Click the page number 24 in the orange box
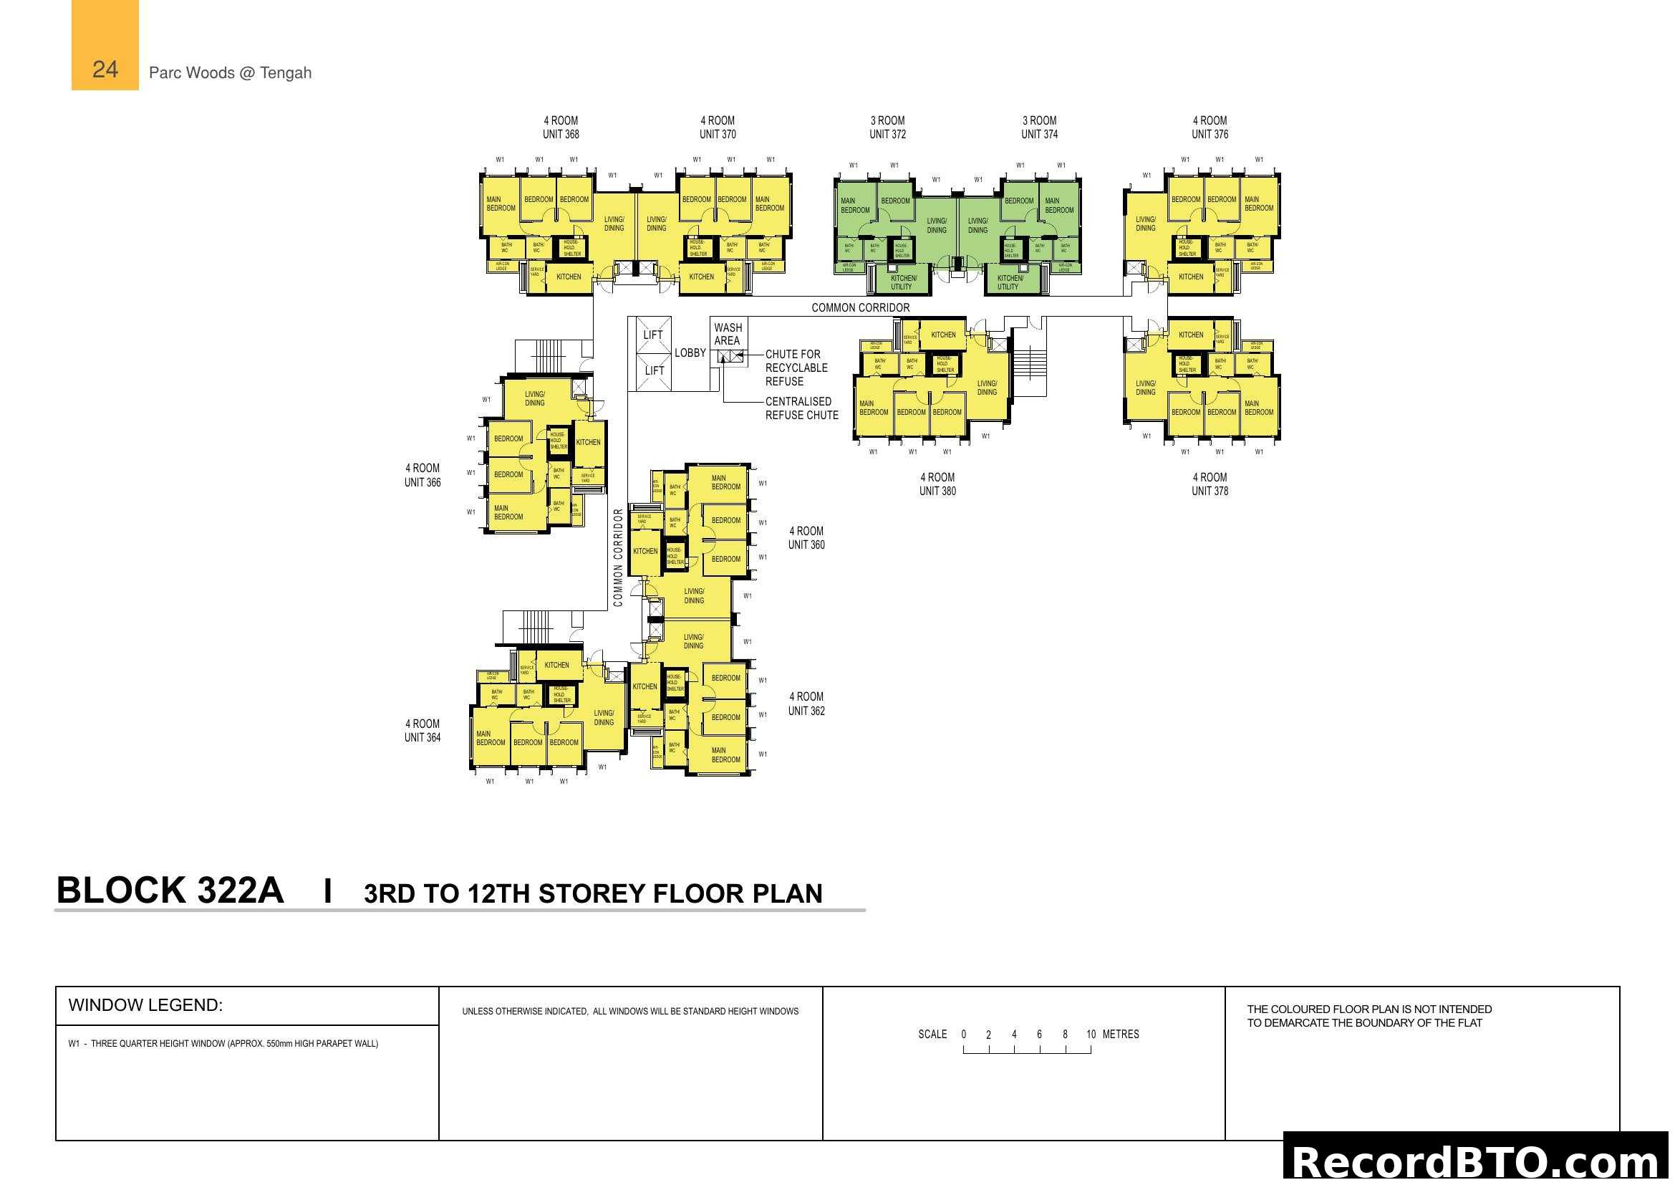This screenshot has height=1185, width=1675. pos(105,69)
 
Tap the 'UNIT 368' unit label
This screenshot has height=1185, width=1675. pos(560,134)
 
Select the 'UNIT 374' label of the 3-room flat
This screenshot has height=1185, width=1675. pos(1039,134)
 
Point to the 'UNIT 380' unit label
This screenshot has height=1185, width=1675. pos(937,491)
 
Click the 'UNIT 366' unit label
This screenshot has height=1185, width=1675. pos(423,482)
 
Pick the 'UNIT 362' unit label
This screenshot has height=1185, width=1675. pos(806,711)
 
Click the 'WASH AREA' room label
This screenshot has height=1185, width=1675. pos(728,334)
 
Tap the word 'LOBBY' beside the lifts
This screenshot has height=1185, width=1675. pos(690,353)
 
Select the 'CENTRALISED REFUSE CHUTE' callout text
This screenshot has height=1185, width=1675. pos(801,408)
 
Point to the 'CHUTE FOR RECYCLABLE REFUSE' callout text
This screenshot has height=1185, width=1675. pos(795,368)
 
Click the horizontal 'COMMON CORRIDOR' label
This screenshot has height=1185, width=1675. pos(860,308)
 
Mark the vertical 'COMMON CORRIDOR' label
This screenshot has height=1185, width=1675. pos(618,557)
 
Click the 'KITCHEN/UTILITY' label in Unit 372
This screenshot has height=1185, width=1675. pos(902,282)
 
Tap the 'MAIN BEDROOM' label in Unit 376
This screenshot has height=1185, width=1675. pos(1258,203)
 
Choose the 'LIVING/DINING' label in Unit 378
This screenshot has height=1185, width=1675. pos(1145,388)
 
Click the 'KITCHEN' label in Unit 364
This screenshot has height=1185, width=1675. pos(556,665)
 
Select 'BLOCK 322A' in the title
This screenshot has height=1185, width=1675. pos(170,891)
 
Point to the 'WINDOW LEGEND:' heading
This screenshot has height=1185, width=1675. pos(145,1004)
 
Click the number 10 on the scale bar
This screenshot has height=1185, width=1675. pos(1090,1034)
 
